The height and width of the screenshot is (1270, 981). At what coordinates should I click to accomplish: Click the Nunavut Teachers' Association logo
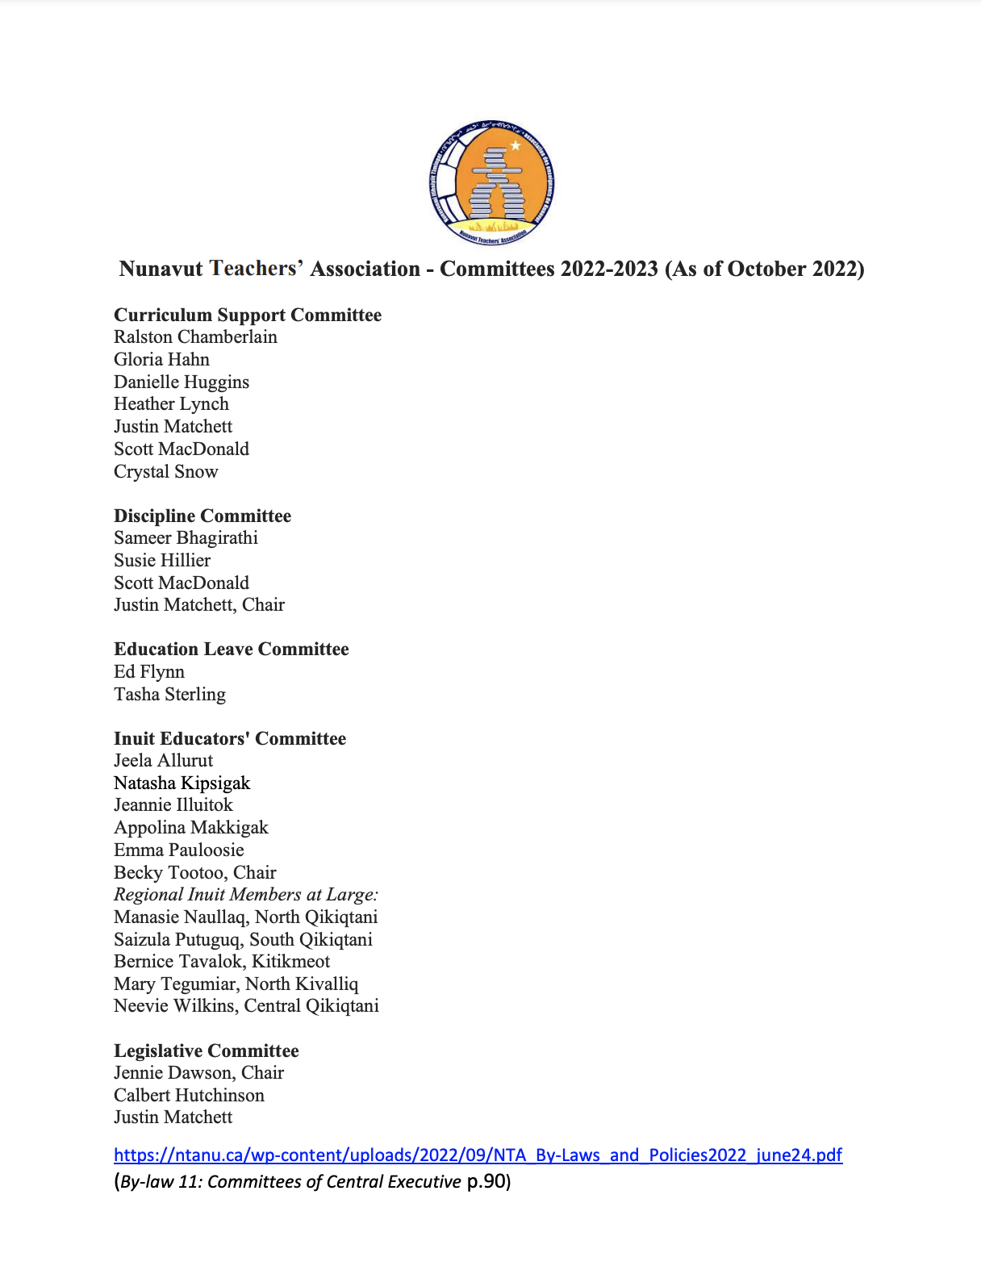tap(491, 183)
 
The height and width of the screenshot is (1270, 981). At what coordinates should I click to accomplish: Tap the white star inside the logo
tap(516, 146)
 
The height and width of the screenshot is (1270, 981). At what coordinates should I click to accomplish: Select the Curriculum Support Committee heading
tap(247, 315)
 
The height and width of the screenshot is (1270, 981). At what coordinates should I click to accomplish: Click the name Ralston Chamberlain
tap(195, 337)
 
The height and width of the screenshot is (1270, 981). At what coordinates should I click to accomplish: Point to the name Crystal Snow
tap(165, 472)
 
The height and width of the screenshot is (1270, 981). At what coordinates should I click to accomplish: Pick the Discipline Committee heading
tap(202, 516)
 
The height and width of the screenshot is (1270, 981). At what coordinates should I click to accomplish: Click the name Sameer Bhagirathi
tap(186, 538)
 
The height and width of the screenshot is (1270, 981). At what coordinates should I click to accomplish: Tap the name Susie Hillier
tap(161, 561)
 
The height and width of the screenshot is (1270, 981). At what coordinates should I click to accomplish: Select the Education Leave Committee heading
tap(231, 650)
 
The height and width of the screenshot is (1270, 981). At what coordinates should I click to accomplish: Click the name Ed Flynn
tap(148, 672)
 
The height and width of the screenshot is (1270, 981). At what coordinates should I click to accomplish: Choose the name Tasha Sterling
tap(169, 695)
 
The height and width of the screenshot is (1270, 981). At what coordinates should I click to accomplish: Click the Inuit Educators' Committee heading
tap(229, 738)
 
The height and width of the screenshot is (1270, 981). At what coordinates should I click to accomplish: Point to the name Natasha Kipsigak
tap(182, 783)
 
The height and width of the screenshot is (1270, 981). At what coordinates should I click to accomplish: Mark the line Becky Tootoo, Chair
tap(194, 873)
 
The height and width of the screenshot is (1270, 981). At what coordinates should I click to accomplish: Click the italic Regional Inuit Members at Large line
tap(245, 895)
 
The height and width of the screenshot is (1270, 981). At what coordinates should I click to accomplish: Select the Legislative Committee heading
tap(206, 1051)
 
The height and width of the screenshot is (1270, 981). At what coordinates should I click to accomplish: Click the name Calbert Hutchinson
tap(189, 1096)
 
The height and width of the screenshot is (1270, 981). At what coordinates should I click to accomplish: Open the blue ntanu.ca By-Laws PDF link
tap(478, 1155)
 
